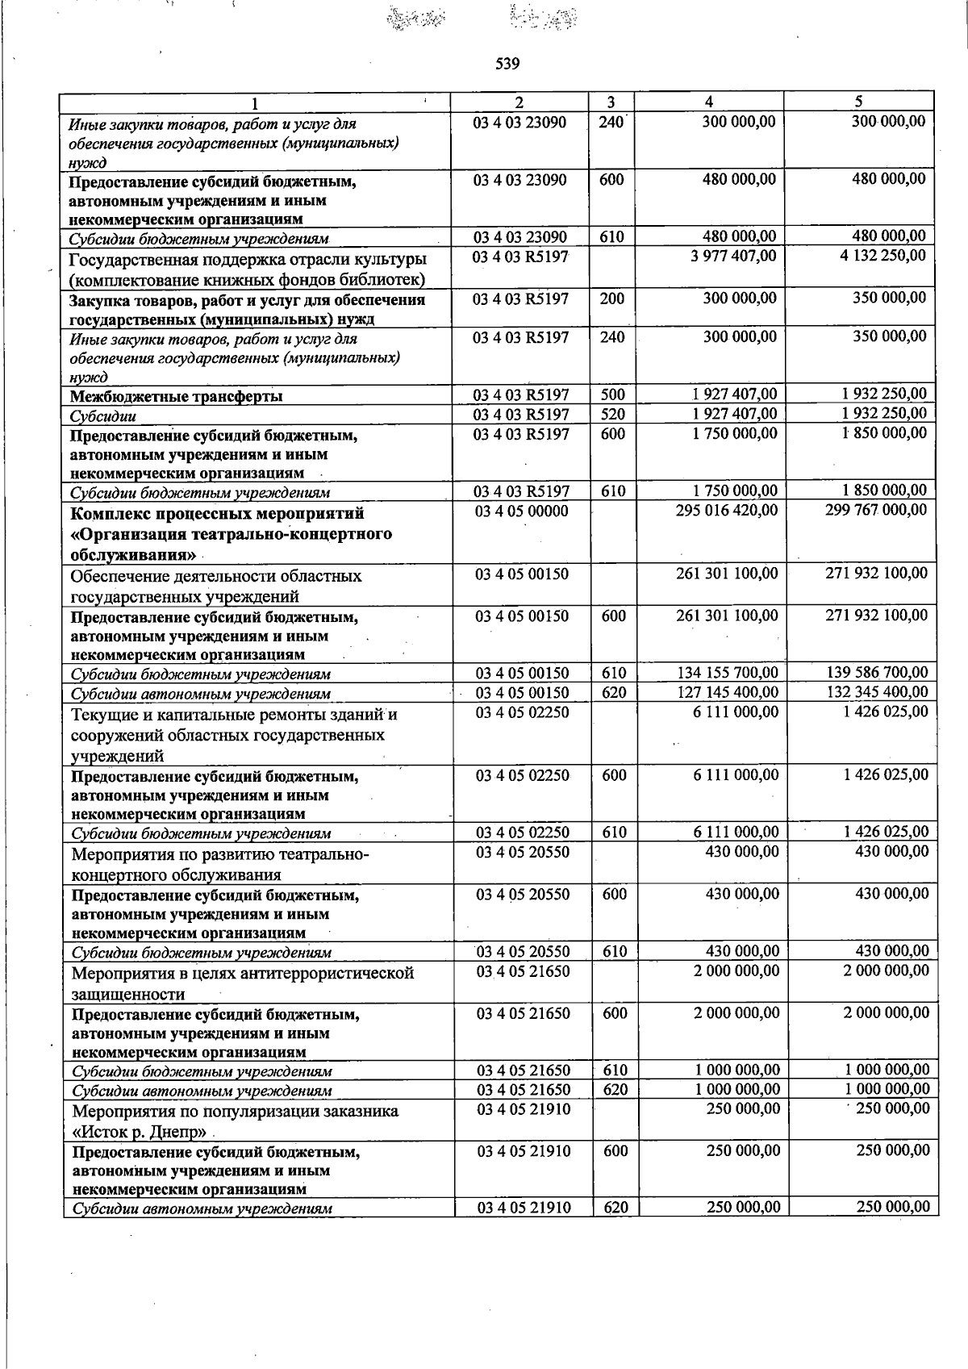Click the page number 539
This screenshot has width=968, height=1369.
pos(507,64)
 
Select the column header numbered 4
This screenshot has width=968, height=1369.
pos(708,102)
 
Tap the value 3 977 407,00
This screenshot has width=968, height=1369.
pos(734,257)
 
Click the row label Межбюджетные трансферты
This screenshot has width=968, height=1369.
pos(176,396)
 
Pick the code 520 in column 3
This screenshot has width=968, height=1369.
pos(612,414)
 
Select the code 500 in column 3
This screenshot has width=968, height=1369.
pos(612,394)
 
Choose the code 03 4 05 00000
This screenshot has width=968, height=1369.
pos(521,511)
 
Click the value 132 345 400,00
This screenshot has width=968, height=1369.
pos(878,692)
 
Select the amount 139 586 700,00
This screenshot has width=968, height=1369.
pos(878,673)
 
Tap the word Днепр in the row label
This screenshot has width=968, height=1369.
pos(176,1132)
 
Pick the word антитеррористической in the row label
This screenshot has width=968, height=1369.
pos(329,974)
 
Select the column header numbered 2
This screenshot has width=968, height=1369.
pos(519,102)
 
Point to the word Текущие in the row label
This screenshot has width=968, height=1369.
pos(102,716)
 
